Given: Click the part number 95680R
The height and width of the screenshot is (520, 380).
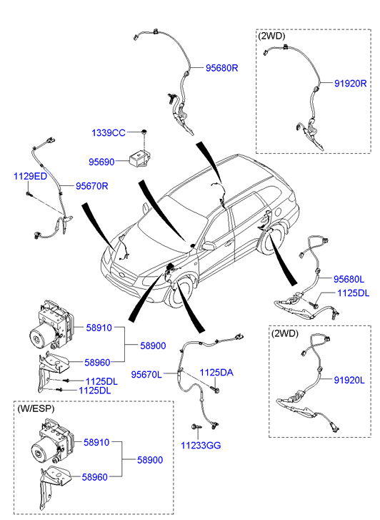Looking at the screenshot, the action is click(x=221, y=68).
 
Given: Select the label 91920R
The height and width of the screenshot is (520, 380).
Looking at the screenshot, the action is click(x=350, y=83).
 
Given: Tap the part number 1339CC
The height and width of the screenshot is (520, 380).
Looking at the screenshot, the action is click(x=109, y=133).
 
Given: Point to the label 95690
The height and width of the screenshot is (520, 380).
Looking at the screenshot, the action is click(x=101, y=162).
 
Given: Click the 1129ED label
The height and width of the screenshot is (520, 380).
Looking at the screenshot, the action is click(x=30, y=176).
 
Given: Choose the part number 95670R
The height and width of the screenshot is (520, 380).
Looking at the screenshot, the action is click(x=91, y=186).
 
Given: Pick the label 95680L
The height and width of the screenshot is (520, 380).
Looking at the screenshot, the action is click(x=349, y=279).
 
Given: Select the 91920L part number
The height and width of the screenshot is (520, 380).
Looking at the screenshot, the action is click(x=349, y=380).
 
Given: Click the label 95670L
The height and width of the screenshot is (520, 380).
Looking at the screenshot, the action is click(x=146, y=375).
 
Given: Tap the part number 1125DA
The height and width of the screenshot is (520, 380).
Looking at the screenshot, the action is click(x=216, y=373).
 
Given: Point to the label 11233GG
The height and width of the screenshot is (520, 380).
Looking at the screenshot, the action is click(x=201, y=446).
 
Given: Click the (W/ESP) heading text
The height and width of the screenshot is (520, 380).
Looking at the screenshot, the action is click(x=36, y=409).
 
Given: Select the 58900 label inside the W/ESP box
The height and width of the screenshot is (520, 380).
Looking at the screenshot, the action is click(x=150, y=460).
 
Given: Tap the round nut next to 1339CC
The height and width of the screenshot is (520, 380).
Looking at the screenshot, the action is click(x=144, y=132).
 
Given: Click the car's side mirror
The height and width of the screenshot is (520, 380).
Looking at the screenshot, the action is click(x=209, y=246).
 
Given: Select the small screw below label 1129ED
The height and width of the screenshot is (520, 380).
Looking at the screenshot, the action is click(x=29, y=194).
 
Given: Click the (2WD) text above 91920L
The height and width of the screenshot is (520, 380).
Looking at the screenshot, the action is click(x=285, y=333).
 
